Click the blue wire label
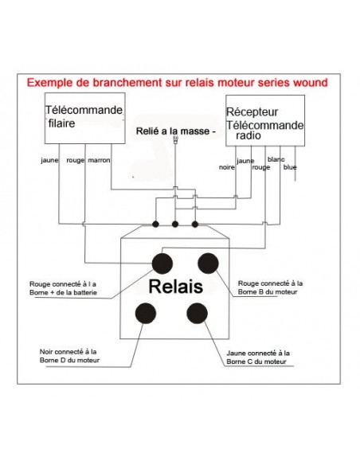[x=290, y=166]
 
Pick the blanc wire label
[x=276, y=159]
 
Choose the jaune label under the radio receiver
[x=245, y=161]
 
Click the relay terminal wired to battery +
[x=162, y=263]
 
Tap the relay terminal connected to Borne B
[x=209, y=263]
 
